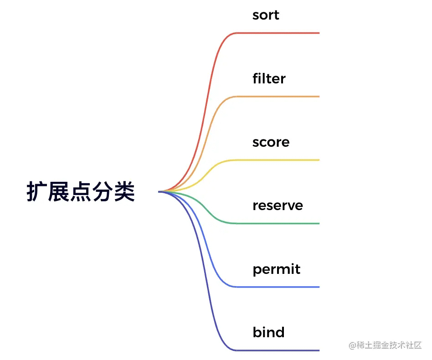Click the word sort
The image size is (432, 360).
[x=266, y=15]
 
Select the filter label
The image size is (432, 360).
[x=269, y=78]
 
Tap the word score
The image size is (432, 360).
[x=271, y=142]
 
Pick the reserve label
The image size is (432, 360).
[x=278, y=206]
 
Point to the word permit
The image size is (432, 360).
[x=276, y=269]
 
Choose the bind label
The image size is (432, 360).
[x=268, y=332]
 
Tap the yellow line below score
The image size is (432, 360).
[x=212, y=169]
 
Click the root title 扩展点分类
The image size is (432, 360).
[x=81, y=191]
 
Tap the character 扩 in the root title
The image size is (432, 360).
[x=36, y=191]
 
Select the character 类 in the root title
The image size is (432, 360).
[x=124, y=191]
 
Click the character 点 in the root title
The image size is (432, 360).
[x=81, y=191]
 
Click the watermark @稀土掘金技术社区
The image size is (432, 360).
[x=385, y=345]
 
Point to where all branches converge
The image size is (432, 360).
[x=159, y=192]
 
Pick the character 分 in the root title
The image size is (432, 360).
[x=103, y=191]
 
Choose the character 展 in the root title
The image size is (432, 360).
[x=59, y=191]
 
